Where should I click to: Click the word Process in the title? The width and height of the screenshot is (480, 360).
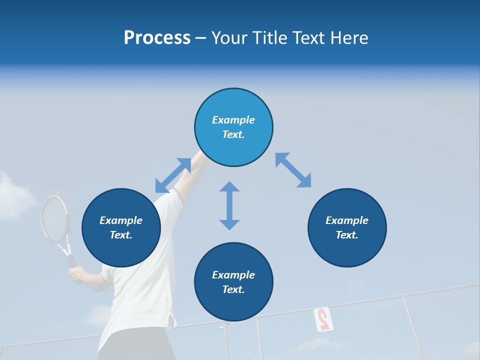coord(157,38)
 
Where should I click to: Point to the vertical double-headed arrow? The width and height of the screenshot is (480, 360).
coord(229,205)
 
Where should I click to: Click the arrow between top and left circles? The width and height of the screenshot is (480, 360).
coord(173,175)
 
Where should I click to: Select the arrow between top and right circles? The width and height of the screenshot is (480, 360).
coord(293,170)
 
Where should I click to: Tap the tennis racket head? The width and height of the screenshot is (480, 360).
coord(54,219)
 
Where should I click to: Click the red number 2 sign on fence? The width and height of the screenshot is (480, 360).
coord(322,319)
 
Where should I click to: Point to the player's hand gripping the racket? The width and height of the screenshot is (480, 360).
coord(76,274)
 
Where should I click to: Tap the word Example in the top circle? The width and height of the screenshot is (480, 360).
coord(233,120)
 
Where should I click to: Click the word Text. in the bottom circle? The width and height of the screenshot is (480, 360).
coord(233,289)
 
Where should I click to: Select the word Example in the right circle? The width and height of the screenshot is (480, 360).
coord(347,220)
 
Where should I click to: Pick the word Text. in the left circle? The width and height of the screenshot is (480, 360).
coord(121,235)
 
